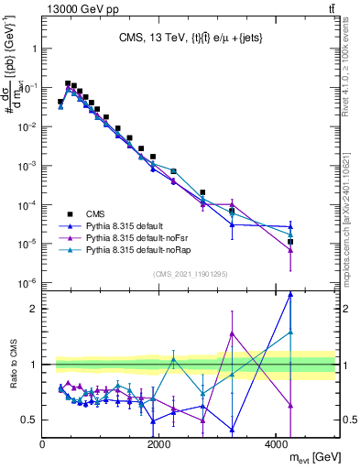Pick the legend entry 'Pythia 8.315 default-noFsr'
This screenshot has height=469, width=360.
[138, 237]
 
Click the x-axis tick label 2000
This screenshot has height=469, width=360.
[159, 444]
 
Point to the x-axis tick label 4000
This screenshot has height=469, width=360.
[277, 444]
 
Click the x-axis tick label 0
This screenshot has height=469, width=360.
[43, 444]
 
